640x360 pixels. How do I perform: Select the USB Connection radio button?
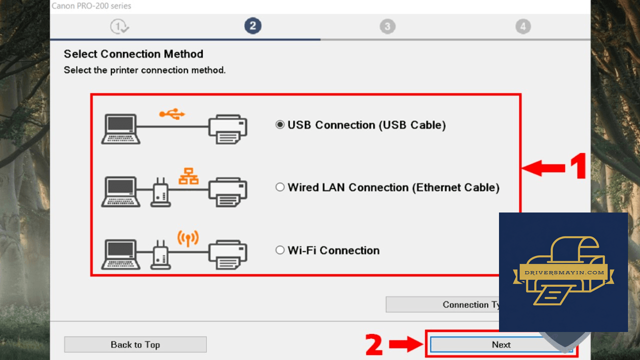(280, 124)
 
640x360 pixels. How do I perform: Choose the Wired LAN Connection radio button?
(280, 187)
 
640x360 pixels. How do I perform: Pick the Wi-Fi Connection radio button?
(280, 250)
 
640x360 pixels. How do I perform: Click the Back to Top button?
(135, 344)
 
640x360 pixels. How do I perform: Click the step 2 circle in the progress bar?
(252, 26)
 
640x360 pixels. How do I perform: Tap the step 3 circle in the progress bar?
(387, 26)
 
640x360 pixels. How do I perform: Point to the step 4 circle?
(523, 26)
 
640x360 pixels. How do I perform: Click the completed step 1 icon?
(119, 26)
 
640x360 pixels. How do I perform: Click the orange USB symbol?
(172, 114)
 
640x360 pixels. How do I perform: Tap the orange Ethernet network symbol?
(188, 176)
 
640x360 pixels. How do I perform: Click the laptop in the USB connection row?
(120, 129)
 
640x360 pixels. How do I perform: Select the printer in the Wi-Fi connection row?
(227, 254)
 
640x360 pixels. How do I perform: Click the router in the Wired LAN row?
(160, 191)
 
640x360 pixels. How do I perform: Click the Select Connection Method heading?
(133, 54)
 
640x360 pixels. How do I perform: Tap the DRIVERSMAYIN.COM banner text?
(564, 272)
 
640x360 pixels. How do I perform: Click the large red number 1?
(578, 165)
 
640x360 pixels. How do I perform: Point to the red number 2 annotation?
(373, 344)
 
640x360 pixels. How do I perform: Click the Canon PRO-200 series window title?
(91, 5)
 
